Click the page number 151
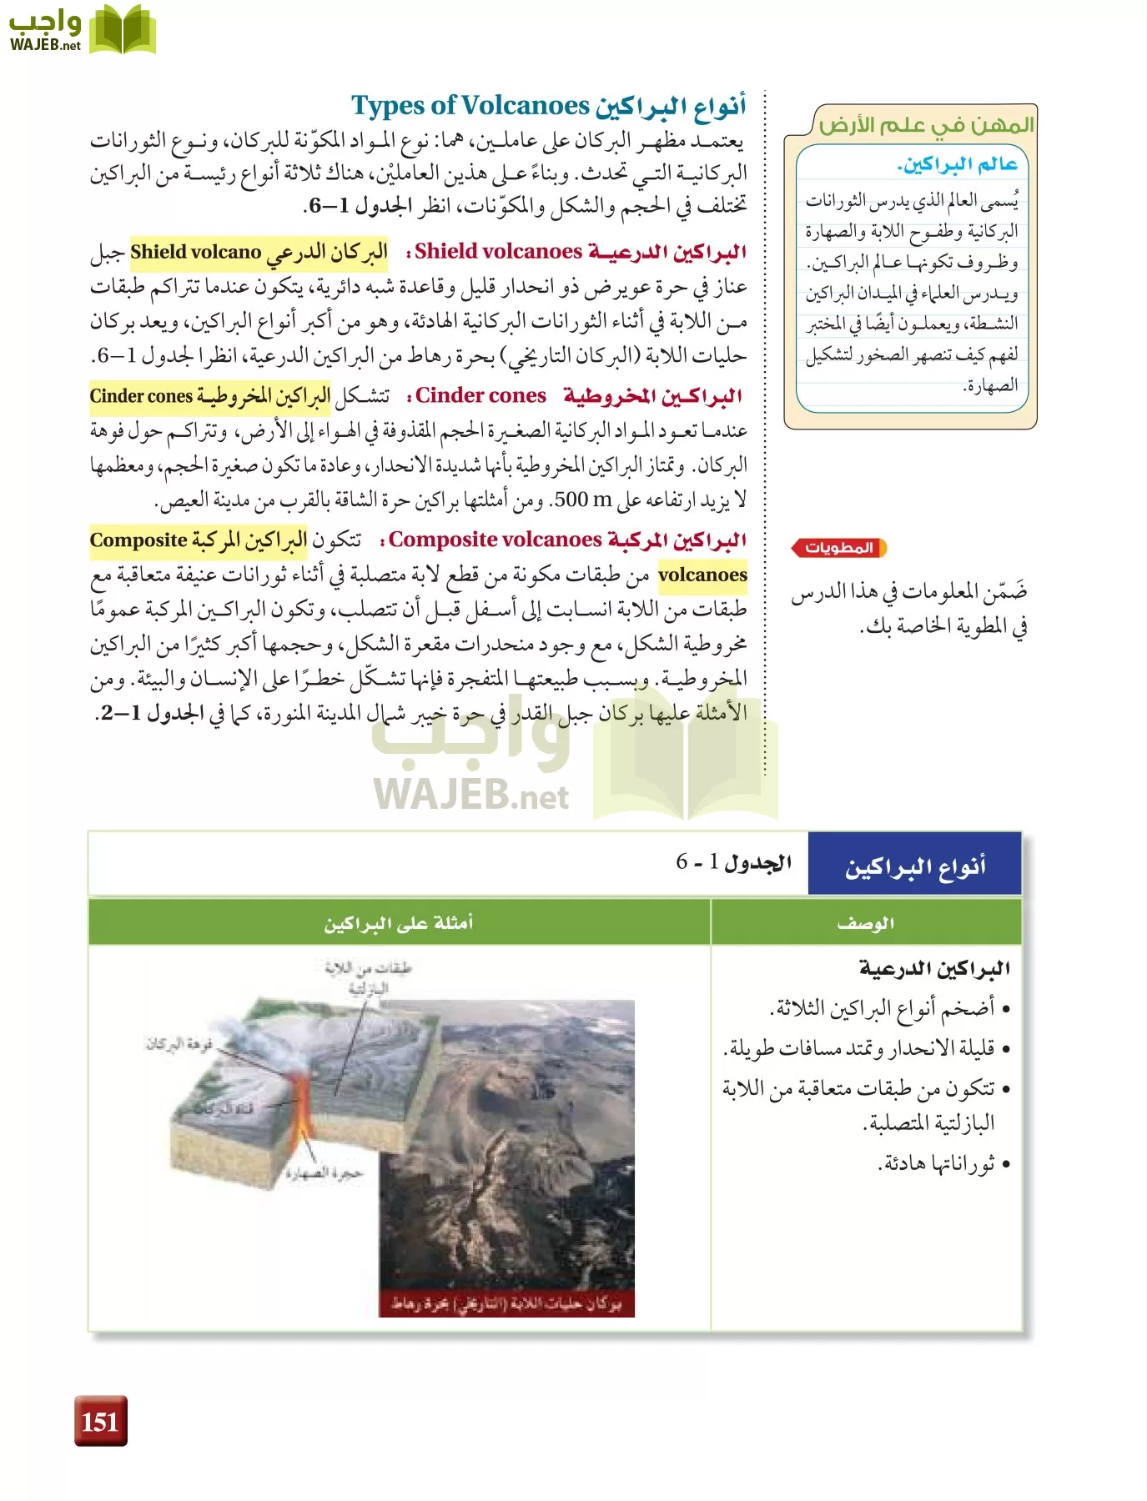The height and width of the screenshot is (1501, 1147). pyautogui.click(x=100, y=1420)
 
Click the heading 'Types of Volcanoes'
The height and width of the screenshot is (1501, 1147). pyautogui.click(x=470, y=106)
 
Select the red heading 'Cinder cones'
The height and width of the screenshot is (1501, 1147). pyautogui.click(x=481, y=395)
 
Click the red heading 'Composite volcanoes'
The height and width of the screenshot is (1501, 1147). pyautogui.click(x=495, y=540)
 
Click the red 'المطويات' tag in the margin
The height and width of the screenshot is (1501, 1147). pyautogui.click(x=838, y=548)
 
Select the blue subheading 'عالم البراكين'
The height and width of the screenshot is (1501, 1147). pyautogui.click(x=958, y=164)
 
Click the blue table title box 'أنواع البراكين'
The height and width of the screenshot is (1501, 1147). pyautogui.click(x=914, y=865)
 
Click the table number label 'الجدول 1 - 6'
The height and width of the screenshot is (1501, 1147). pyautogui.click(x=733, y=862)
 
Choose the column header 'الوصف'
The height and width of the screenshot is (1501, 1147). pyautogui.click(x=865, y=922)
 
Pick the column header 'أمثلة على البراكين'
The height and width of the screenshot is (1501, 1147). pyautogui.click(x=399, y=922)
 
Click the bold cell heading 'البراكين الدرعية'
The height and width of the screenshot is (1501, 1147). pyautogui.click(x=934, y=968)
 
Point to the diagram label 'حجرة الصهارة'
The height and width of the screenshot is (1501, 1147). pyautogui.click(x=324, y=1173)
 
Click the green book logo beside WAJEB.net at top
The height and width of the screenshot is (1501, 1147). pyautogui.click(x=122, y=30)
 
